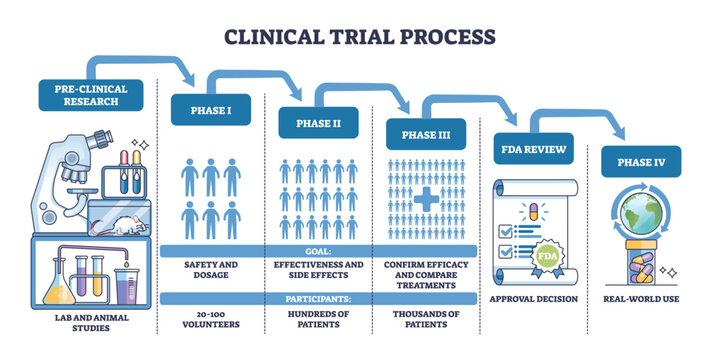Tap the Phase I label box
pos(208,111)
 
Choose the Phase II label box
pos(318,123)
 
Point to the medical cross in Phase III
pos(426,200)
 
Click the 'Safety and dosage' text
pos(209,271)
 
